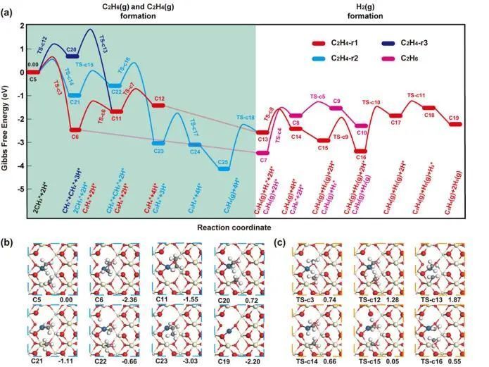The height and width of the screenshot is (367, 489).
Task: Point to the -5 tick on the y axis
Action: pos(22,189)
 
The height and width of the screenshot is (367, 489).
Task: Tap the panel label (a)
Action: pos(11,12)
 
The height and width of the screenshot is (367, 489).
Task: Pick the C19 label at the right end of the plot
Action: pos(455,118)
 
